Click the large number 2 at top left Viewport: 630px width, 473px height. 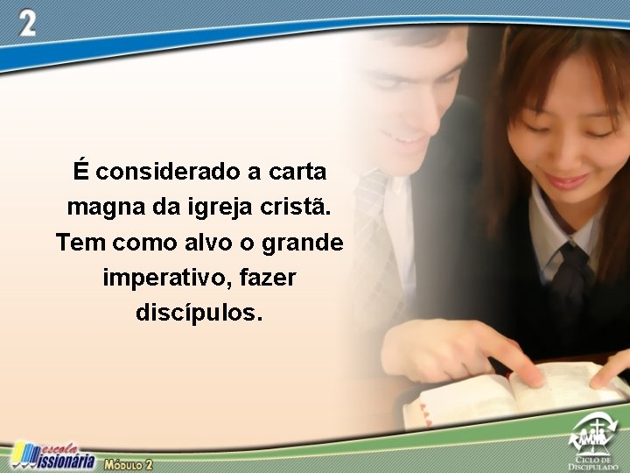coord(28,24)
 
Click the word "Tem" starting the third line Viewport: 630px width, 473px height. coord(76,242)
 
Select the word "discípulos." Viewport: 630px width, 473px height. coord(199,313)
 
